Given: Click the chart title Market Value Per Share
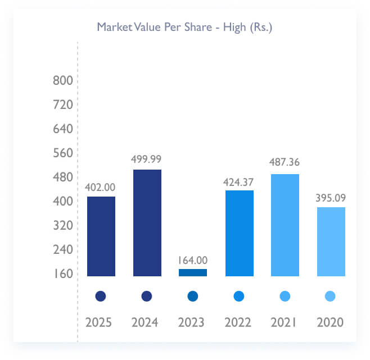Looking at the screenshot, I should pyautogui.click(x=184, y=27).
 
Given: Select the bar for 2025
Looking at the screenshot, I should pyautogui.click(x=101, y=236).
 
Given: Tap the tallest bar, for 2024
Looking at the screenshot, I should pyautogui.click(x=147, y=222).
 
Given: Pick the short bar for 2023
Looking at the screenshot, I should pyautogui.click(x=193, y=272).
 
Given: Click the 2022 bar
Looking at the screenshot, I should pyautogui.click(x=239, y=233).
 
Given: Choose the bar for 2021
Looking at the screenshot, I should pyautogui.click(x=285, y=225).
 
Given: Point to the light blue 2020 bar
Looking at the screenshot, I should pyautogui.click(x=331, y=241).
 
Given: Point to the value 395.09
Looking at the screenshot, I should pyautogui.click(x=331, y=197).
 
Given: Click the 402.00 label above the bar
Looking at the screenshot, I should pyautogui.click(x=100, y=186).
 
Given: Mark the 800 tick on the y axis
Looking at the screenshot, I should pyautogui.click(x=63, y=80).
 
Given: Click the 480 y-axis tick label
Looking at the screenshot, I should pyautogui.click(x=63, y=177).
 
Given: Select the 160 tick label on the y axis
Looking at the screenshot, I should pyautogui.click(x=63, y=274).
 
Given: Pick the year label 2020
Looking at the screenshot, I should pyautogui.click(x=330, y=322).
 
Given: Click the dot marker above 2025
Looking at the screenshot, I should pyautogui.click(x=101, y=296).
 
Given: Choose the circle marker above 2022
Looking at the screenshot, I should pyautogui.click(x=239, y=296).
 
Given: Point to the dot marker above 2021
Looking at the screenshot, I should pyautogui.click(x=285, y=296).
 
